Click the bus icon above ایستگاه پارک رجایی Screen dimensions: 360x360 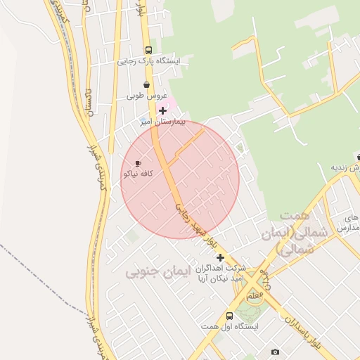click(148, 50)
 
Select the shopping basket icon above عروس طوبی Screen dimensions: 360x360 click(146, 84)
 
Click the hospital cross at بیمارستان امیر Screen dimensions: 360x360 click(163, 110)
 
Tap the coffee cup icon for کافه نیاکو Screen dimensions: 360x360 click(138, 163)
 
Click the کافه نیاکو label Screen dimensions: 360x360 click(138, 174)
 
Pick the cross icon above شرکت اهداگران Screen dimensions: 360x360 click(221, 257)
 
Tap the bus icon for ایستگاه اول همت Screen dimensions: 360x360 click(229, 316)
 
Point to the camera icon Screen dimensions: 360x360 click(275, 352)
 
